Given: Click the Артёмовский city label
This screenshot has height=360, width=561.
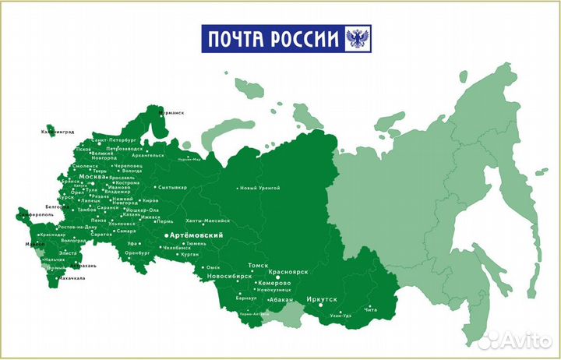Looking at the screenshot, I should tap(198, 235).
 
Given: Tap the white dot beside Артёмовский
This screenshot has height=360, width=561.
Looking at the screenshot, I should tap(165, 235).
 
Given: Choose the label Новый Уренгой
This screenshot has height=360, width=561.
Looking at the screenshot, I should tap(259, 189).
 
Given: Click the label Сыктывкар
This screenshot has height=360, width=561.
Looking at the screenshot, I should tap(171, 187).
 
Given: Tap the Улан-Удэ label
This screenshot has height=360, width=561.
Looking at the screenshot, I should tap(341, 316).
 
